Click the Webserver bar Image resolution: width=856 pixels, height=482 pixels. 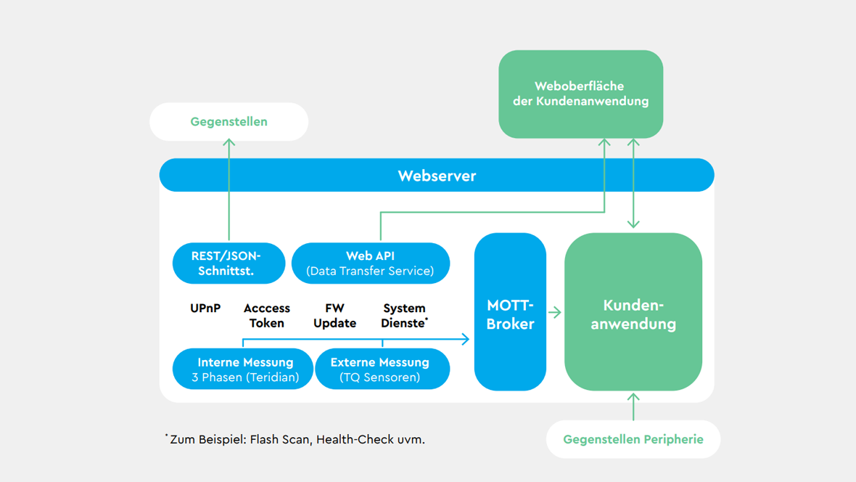[x=437, y=176]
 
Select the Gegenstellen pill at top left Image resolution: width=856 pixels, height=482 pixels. [x=229, y=122]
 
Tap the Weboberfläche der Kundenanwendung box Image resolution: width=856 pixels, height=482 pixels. [x=580, y=94]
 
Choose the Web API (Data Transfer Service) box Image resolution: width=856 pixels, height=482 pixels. [x=370, y=264]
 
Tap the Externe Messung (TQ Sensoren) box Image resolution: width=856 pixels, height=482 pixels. [x=382, y=369]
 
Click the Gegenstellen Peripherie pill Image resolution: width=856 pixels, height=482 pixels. [x=633, y=439]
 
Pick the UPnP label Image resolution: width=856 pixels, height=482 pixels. [x=205, y=309]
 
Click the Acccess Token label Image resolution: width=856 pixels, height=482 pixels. [x=267, y=316]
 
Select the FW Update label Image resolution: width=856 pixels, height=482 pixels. [x=334, y=316]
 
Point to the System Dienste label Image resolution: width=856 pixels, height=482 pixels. [x=404, y=316]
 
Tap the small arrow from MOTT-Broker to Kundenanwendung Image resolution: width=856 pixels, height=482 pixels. [x=555, y=312]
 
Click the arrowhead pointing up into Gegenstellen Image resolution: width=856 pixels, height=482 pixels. [x=229, y=144]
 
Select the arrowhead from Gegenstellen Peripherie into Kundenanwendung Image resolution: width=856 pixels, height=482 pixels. [x=633, y=398]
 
